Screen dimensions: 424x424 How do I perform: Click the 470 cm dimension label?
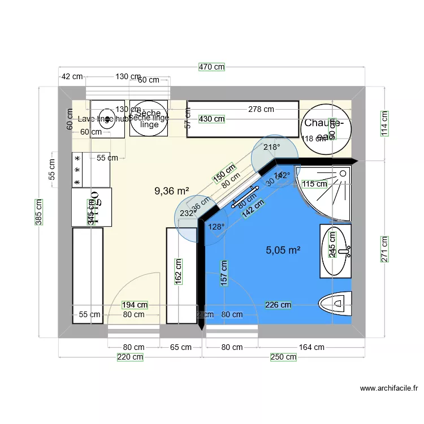(x=212, y=67)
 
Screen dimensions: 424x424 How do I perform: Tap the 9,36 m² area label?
(x=171, y=192)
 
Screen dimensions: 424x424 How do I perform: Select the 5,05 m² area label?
(x=283, y=249)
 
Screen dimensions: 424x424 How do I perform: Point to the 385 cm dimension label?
(x=38, y=212)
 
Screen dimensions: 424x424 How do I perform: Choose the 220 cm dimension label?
(x=130, y=357)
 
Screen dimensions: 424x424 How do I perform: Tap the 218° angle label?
(x=272, y=148)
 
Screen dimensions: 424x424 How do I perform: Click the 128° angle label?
(x=216, y=227)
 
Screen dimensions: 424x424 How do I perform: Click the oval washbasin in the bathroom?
(x=335, y=250)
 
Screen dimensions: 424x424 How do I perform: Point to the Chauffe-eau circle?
(x=325, y=129)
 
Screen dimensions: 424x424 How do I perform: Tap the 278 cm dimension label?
(x=261, y=109)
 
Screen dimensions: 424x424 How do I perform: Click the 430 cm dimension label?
(x=211, y=119)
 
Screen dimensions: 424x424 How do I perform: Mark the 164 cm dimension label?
(x=311, y=347)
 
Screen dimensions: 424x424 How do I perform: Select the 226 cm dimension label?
(x=278, y=305)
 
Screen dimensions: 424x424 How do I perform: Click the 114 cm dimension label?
(x=384, y=123)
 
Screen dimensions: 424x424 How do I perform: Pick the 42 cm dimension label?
(x=72, y=76)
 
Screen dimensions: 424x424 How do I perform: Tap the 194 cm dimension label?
(x=135, y=305)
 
